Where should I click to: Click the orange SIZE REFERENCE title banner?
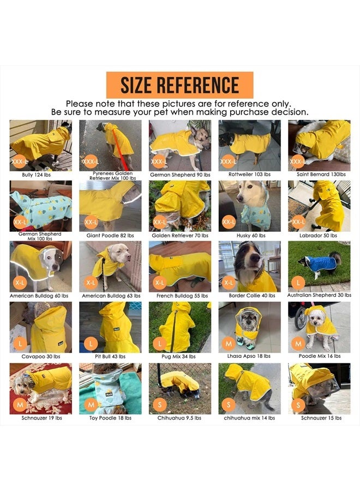pyautogui.click(x=179, y=86)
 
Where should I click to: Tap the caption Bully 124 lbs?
pyautogui.click(x=40, y=175)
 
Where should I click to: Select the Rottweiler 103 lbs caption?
pyautogui.click(x=249, y=175)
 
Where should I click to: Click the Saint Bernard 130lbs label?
pyautogui.click(x=319, y=175)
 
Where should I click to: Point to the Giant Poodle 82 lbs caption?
pyautogui.click(x=110, y=236)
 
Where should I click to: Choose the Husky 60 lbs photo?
pyautogui.click(x=249, y=206)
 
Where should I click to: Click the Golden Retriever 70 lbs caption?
pyautogui.click(x=179, y=236)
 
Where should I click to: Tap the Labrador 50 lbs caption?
pyautogui.click(x=319, y=236)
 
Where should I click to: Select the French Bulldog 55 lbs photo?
pyautogui.click(x=179, y=266)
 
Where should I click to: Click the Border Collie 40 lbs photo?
pyautogui.click(x=249, y=266)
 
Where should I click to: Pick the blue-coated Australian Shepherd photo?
pyautogui.click(x=319, y=266)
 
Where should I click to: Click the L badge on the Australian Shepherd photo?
pyautogui.click(x=298, y=283)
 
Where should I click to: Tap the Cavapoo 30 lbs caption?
pyautogui.click(x=40, y=357)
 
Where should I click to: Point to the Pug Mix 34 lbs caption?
pyautogui.click(x=179, y=357)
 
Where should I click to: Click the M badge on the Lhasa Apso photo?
pyautogui.click(x=229, y=344)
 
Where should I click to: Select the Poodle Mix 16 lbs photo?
pyautogui.click(x=319, y=327)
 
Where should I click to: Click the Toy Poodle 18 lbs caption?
pyautogui.click(x=110, y=418)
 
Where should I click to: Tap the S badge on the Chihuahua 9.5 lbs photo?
pyautogui.click(x=159, y=405)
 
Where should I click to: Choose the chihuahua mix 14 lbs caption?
pyautogui.click(x=249, y=418)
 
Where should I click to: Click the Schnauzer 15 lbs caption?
pyautogui.click(x=319, y=418)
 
